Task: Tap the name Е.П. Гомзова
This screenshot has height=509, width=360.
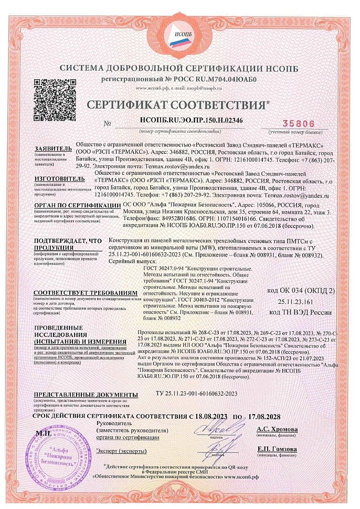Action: [x=277, y=449]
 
